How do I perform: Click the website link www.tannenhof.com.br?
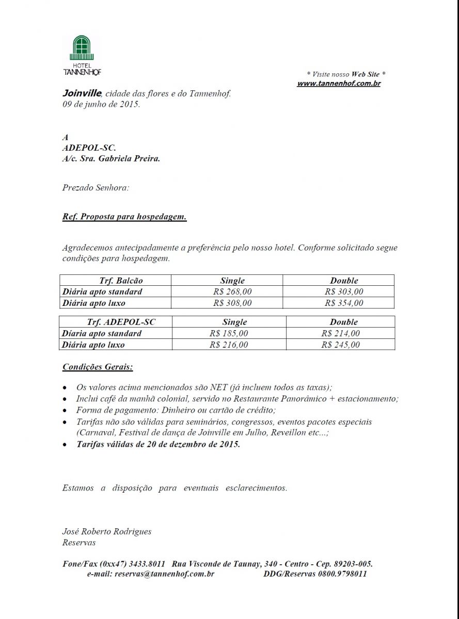pos(339,83)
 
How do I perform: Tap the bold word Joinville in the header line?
pos(82,93)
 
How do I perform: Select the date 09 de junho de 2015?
pos(101,104)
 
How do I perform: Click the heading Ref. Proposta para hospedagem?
pos(124,217)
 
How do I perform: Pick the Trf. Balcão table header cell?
pos(121,281)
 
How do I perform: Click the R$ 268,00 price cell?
pos(232,292)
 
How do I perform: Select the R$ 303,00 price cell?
pos(344,292)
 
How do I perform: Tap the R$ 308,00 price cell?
pos(232,303)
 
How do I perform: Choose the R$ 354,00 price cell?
pos(344,303)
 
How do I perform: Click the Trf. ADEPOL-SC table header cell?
pos(121,322)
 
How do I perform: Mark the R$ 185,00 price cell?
pos(229,333)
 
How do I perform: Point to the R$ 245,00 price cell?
pos(340,345)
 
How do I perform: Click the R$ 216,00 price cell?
pos(229,345)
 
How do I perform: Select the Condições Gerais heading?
pos(97,367)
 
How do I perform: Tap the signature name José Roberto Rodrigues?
pos(107,531)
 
